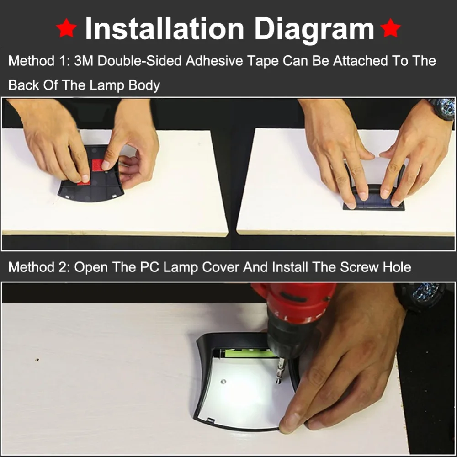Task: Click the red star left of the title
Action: [66, 28]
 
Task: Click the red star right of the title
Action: [391, 28]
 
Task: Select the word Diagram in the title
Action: [314, 30]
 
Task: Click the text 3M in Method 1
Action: [84, 61]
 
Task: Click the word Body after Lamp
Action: [144, 86]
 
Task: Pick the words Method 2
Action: [39, 267]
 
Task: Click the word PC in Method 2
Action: [149, 267]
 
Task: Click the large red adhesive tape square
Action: [98, 165]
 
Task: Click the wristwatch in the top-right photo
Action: [443, 109]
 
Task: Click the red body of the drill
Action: [294, 303]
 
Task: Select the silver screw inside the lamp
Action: [223, 382]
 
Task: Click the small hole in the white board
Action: [37, 360]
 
